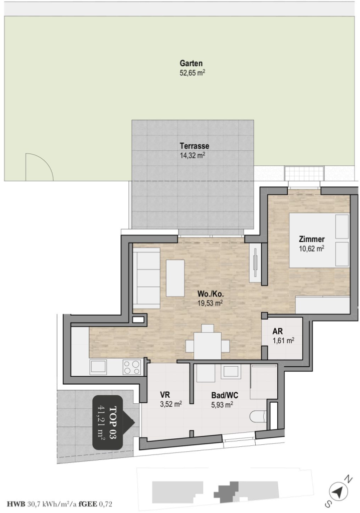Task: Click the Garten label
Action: [191, 63]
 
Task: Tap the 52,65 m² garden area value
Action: [192, 73]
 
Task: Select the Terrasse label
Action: [194, 146]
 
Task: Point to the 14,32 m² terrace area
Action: [192, 155]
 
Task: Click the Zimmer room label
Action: [311, 239]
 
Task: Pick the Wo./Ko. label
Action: [210, 294]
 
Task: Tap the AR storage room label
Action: [277, 332]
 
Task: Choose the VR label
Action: [165, 395]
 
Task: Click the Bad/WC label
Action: [225, 395]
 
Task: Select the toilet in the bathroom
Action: [258, 417]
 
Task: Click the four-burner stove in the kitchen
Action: [132, 367]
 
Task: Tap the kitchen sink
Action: [98, 367]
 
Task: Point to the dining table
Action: [207, 346]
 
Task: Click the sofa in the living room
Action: [146, 278]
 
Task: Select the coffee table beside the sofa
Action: [175, 278]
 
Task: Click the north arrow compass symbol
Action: [338, 491]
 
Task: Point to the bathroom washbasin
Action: [231, 371]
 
